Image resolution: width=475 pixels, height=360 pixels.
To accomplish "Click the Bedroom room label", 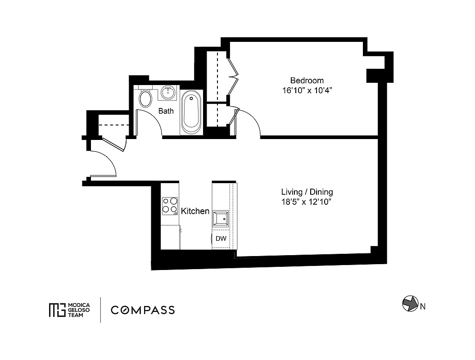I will tap(307, 81).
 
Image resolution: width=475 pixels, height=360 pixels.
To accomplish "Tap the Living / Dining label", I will tap(306, 193).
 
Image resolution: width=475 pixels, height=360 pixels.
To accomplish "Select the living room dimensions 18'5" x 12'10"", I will tap(306, 202).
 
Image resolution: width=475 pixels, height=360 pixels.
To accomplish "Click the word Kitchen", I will tap(195, 211).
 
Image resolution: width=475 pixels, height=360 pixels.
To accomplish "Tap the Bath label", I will tap(166, 111).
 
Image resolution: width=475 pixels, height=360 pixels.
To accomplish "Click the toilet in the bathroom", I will tap(145, 99).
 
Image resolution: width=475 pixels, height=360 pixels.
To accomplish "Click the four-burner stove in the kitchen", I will tap(170, 205).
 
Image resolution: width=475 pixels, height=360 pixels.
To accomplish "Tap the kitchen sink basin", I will tap(221, 218).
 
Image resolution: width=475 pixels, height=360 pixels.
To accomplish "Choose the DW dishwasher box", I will tap(221, 239).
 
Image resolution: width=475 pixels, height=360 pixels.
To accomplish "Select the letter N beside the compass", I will tap(423, 307).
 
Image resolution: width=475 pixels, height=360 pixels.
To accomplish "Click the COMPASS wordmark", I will tap(143, 310).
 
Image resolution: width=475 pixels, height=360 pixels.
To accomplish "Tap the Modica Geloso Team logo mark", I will tap(57, 310).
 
